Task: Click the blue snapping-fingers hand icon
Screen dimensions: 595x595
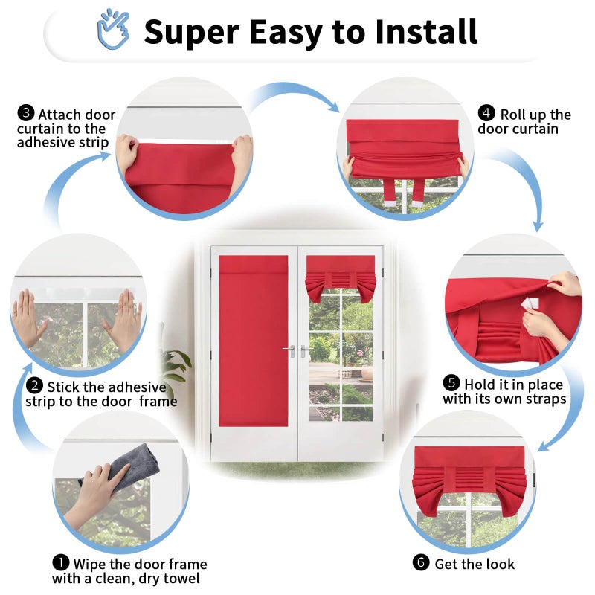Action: (x=114, y=29)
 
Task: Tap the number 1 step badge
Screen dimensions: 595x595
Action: (x=61, y=563)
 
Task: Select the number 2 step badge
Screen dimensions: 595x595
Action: (x=34, y=386)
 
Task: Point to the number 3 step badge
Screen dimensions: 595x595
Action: (x=26, y=113)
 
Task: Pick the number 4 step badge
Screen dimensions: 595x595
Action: (x=486, y=113)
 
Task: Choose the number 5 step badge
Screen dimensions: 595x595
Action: (x=451, y=383)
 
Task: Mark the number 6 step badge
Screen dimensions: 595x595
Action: (x=421, y=562)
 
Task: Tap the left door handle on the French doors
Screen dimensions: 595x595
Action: (x=290, y=350)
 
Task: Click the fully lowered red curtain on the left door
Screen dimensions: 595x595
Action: (x=254, y=341)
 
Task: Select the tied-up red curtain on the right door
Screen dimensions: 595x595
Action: (x=341, y=278)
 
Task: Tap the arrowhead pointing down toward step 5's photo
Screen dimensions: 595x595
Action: (x=538, y=226)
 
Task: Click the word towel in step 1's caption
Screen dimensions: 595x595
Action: (x=180, y=579)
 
